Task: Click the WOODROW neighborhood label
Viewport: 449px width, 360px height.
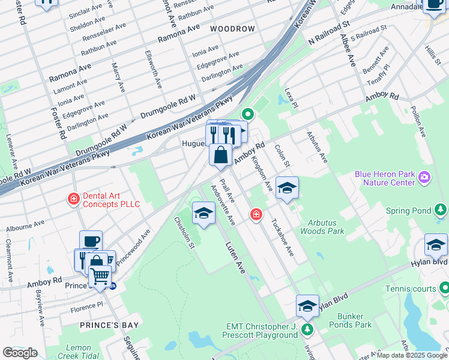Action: [x=232, y=29]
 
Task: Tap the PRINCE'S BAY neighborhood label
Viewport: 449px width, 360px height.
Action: [x=110, y=325]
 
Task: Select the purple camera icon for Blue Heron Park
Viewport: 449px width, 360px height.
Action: [x=425, y=178]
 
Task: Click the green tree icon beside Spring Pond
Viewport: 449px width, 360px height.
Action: [x=441, y=209]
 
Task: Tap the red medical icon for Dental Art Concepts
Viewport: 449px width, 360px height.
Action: [x=74, y=199]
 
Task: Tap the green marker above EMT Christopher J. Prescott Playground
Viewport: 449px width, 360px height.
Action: [x=307, y=329]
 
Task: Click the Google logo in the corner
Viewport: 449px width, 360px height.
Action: [x=20, y=353]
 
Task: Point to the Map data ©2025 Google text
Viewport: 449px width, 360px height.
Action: [x=412, y=355]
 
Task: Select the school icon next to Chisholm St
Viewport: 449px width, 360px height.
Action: [x=204, y=213]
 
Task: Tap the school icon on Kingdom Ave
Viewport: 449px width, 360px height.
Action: [x=287, y=187]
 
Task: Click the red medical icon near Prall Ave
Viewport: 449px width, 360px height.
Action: [x=256, y=214]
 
